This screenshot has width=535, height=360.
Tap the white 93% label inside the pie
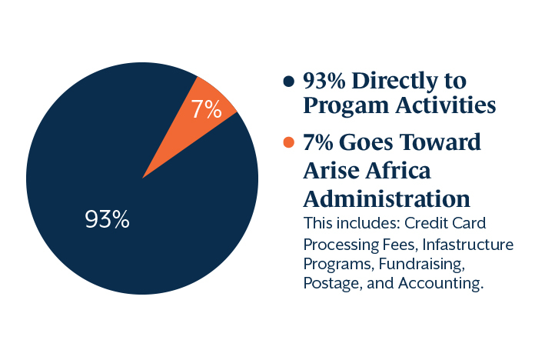[x=107, y=219]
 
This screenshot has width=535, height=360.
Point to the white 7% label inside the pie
[x=206, y=109]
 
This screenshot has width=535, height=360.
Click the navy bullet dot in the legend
[x=289, y=82]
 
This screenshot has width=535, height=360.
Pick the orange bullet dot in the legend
[x=289, y=142]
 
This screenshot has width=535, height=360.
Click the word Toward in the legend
[x=440, y=142]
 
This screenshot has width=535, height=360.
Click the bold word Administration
[x=387, y=198]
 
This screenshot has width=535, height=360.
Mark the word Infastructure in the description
[x=468, y=245]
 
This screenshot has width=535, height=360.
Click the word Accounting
[x=440, y=284]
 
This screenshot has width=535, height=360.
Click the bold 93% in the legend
[x=324, y=82]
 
